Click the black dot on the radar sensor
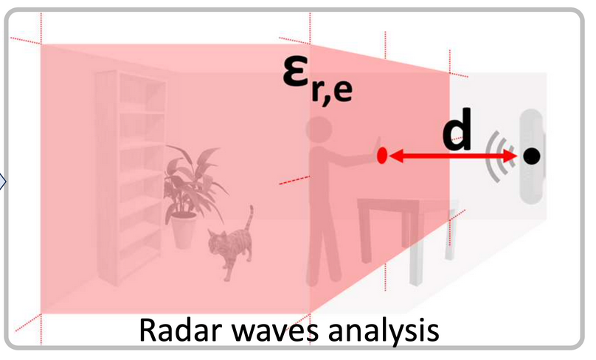tap(531, 156)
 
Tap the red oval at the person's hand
tap(382, 155)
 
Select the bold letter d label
tap(457, 129)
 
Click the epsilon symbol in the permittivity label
tap(297, 73)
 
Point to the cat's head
tap(218, 238)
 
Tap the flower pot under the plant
tap(184, 230)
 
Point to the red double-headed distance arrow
tap(452, 156)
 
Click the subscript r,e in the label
tap(332, 92)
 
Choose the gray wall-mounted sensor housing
tap(532, 156)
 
